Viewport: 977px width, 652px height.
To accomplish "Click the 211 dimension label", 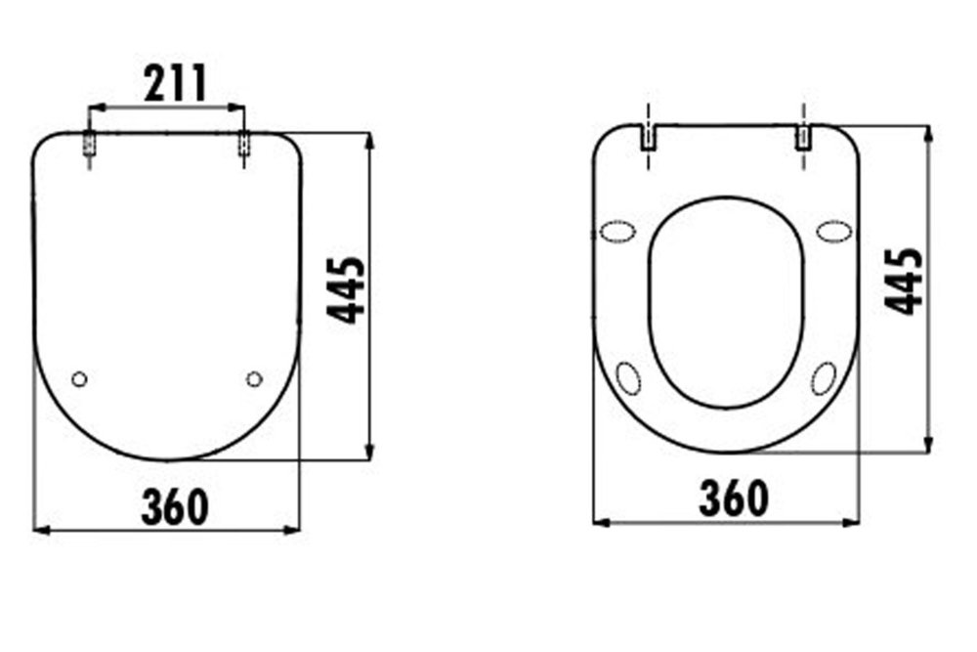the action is click(x=175, y=83).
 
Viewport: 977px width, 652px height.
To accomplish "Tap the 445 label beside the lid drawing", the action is click(x=347, y=290).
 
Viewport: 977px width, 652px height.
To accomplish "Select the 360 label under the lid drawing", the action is click(x=175, y=506).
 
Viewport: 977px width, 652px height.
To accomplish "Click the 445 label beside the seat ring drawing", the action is click(x=904, y=282).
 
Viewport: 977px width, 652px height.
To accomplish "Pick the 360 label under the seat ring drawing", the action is click(x=734, y=498).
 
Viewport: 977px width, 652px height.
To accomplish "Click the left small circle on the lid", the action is click(x=79, y=378).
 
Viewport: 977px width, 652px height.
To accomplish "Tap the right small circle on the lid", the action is click(x=254, y=378).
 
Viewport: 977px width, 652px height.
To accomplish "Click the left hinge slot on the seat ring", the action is click(x=650, y=138).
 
